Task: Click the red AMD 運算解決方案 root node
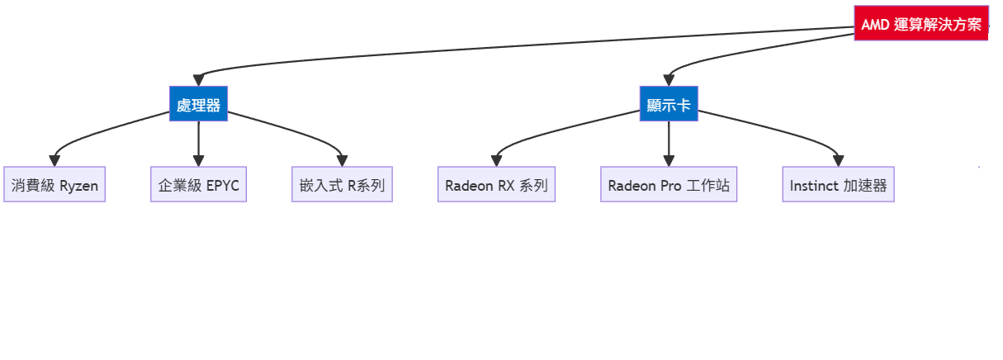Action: pyautogui.click(x=920, y=24)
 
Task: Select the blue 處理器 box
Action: pyautogui.click(x=199, y=104)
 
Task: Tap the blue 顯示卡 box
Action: pyautogui.click(x=669, y=104)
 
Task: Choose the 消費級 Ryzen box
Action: pyautogui.click(x=54, y=185)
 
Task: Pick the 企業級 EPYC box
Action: pyautogui.click(x=198, y=185)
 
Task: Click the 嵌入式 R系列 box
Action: pyautogui.click(x=342, y=185)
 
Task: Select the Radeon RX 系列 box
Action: pyautogui.click(x=496, y=185)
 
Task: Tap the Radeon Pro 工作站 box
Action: pyautogui.click(x=669, y=185)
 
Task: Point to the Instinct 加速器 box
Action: pyautogui.click(x=838, y=185)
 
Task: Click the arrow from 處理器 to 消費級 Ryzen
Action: pyautogui.click(x=99, y=133)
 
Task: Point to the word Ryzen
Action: pyautogui.click(x=79, y=186)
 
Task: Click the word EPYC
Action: pyautogui.click(x=223, y=185)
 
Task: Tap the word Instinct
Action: pyautogui.click(x=814, y=185)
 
